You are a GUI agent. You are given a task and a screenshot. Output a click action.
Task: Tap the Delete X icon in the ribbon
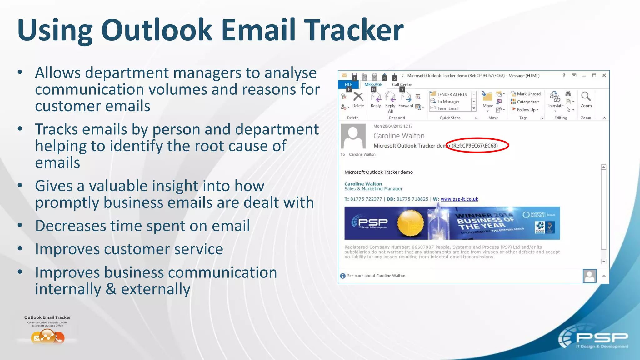pos(358,97)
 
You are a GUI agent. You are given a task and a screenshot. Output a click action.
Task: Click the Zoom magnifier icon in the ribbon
pos(586,97)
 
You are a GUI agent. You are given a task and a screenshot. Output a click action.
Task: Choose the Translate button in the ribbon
pos(555,98)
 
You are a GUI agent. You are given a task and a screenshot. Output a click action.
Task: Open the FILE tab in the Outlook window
pos(348,84)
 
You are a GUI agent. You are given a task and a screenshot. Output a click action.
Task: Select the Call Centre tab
pos(402,84)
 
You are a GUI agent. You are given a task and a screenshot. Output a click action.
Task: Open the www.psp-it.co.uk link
pos(459,199)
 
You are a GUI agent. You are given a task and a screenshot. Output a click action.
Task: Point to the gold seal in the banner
pos(411,223)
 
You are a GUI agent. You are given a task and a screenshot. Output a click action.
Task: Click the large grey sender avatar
pos(353,136)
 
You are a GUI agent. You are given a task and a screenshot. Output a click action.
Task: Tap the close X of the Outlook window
pos(604,75)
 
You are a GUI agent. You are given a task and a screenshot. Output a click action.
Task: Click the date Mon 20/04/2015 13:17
pos(393,126)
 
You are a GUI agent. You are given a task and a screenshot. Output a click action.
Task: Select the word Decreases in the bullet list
pos(70,226)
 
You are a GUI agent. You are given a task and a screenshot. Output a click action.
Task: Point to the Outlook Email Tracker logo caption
pos(47,317)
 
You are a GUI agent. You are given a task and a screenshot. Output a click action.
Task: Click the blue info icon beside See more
pos(343,276)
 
